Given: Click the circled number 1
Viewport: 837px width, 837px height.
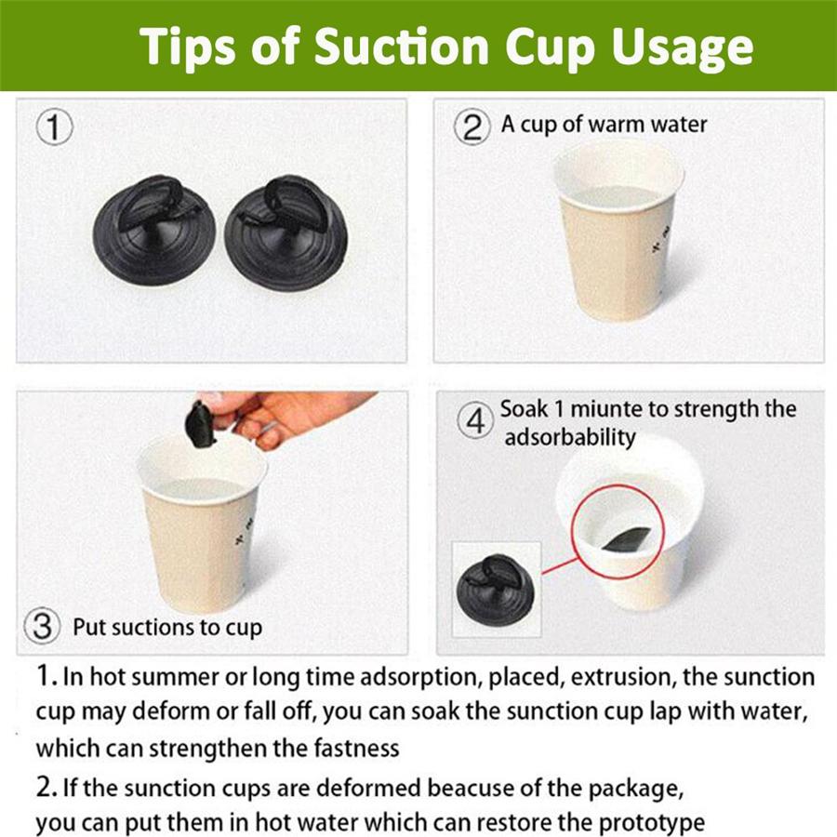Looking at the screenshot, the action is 54,127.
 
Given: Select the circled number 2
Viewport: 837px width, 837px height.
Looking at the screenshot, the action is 472,127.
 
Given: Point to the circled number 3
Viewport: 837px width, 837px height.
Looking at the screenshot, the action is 42,626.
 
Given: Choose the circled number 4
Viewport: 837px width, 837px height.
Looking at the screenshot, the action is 475,421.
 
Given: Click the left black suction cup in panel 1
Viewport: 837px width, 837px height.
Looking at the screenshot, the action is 154,230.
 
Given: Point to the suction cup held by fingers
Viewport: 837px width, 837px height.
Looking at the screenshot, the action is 201,425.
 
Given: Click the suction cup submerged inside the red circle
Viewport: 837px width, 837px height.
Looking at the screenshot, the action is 626,539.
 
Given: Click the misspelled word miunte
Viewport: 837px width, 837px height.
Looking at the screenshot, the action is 605,409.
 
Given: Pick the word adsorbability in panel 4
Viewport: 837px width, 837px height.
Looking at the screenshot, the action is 570,437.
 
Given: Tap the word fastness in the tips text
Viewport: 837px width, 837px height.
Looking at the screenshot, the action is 356,748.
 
